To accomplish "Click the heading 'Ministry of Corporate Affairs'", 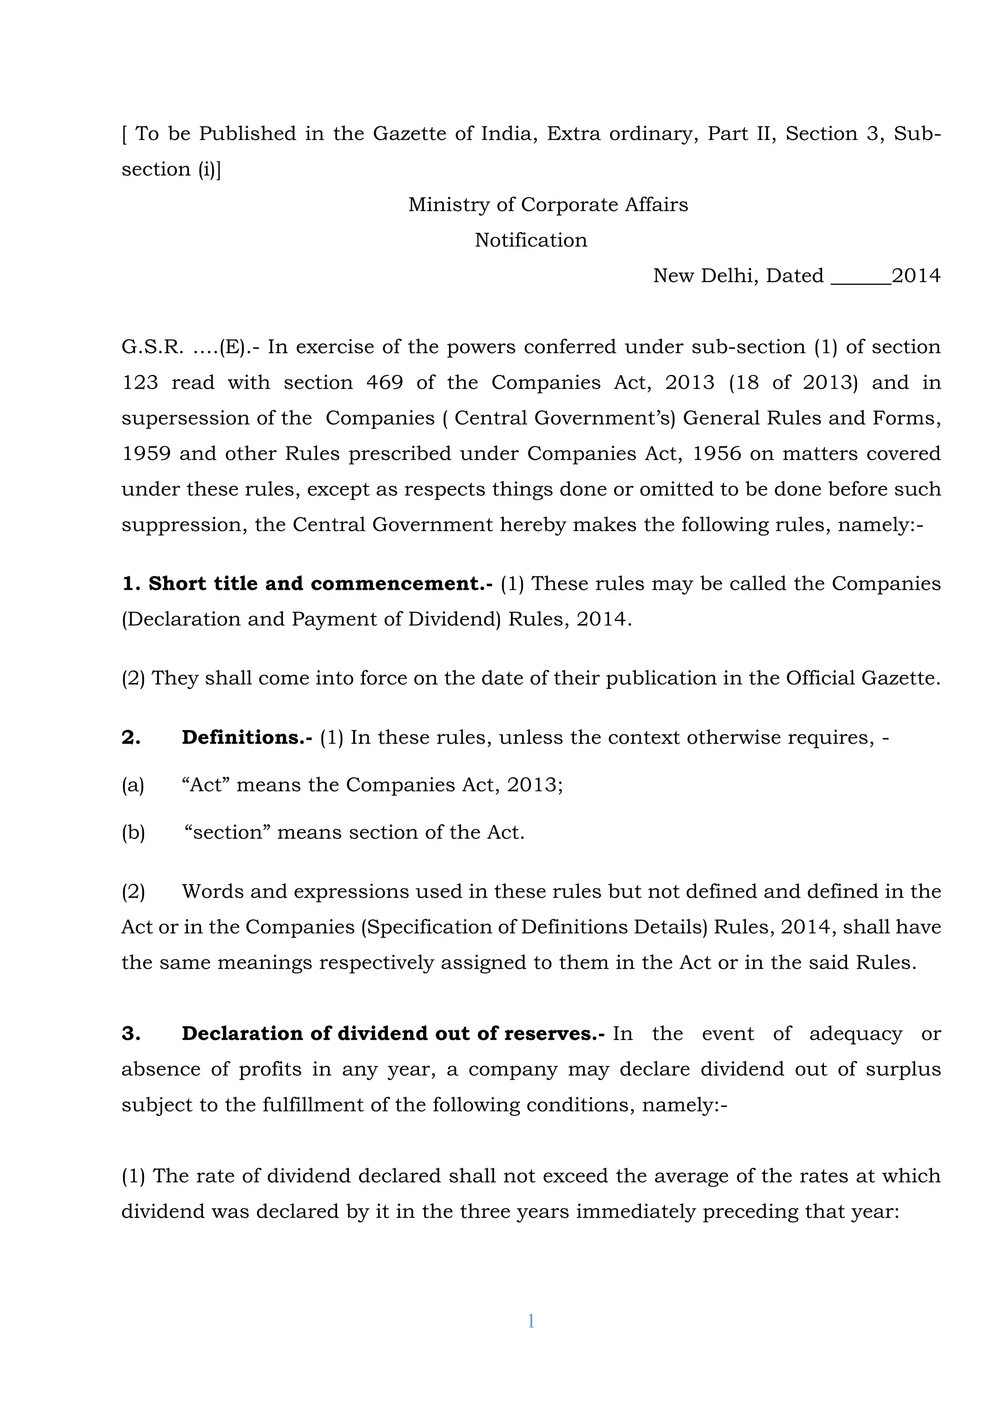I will point(548,205).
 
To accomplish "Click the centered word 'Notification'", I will point(531,240).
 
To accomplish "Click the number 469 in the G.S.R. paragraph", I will point(385,382).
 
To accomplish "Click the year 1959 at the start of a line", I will point(146,453).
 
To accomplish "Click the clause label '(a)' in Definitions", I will point(133,785).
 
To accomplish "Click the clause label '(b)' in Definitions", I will point(133,833).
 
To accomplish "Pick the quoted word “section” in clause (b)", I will point(228,833).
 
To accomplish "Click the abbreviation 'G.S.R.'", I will point(152,347).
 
